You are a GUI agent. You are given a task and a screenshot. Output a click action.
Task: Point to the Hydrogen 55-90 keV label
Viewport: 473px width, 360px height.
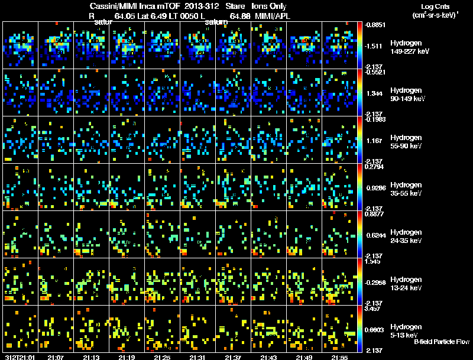pyautogui.click(x=406, y=142)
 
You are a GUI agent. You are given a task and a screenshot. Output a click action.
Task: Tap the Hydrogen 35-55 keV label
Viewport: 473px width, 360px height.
pyautogui.click(x=406, y=189)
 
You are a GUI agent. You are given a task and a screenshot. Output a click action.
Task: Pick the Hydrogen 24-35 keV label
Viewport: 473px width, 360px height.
pyautogui.click(x=406, y=236)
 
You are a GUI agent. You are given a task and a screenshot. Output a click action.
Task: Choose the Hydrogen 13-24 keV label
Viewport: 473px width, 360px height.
pyautogui.click(x=406, y=284)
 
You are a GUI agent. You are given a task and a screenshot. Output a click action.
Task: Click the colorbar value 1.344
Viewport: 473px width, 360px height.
pyautogui.click(x=374, y=93)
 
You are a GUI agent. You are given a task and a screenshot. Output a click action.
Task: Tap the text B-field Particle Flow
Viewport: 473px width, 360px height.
pyautogui.click(x=441, y=342)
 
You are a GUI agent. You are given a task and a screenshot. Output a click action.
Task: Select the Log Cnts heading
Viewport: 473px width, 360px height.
pyautogui.click(x=434, y=7)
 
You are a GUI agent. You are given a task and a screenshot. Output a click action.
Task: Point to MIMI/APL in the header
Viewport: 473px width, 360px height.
pyautogui.click(x=273, y=16)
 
